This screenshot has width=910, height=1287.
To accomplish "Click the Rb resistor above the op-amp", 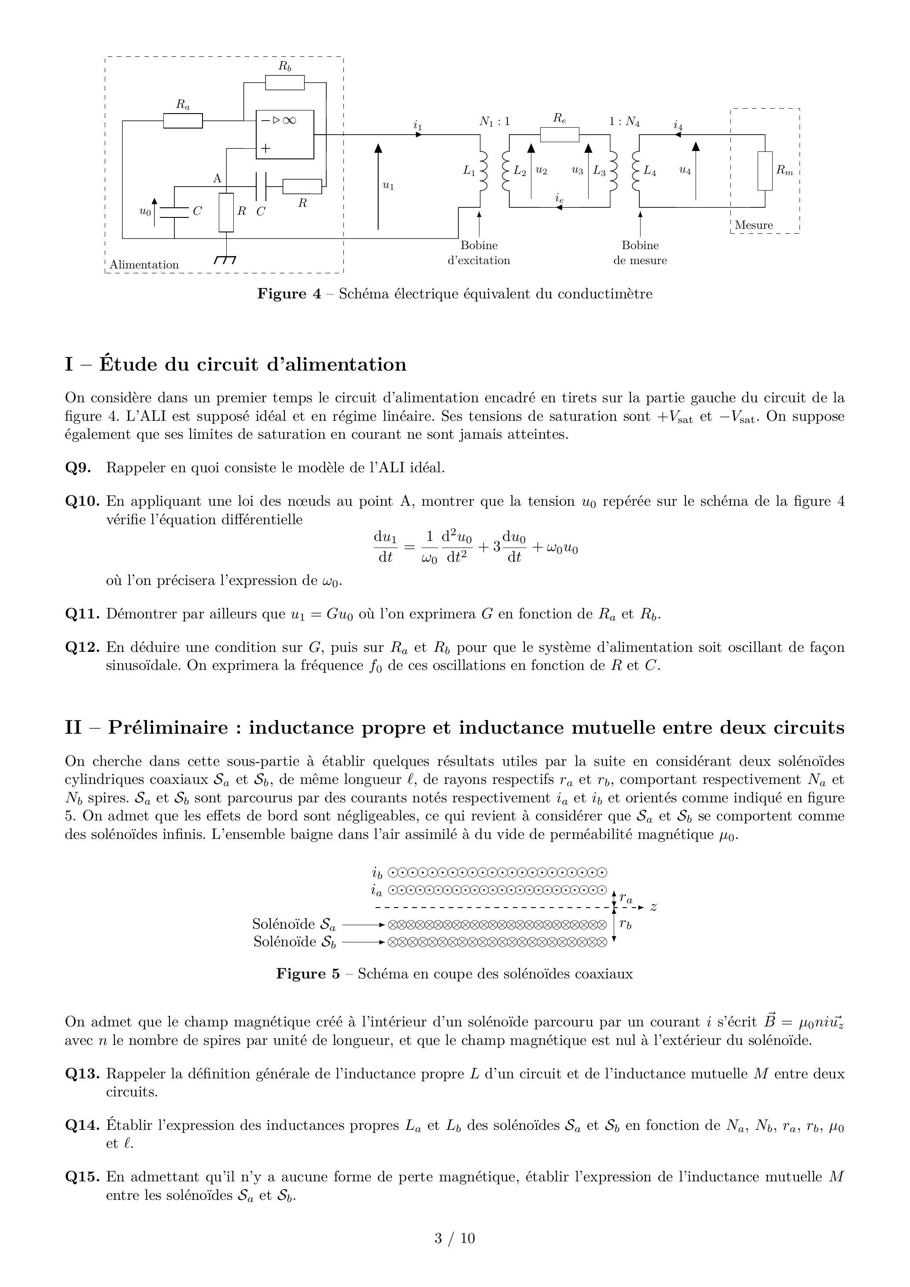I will coord(285,83).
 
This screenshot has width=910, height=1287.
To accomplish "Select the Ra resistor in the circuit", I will coord(183,121).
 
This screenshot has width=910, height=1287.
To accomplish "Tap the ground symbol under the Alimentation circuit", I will coord(225,260).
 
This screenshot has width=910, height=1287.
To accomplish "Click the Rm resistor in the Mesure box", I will coord(765,171).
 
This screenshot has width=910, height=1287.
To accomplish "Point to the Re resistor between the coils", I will coord(560,135).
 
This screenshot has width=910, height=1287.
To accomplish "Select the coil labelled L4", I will coord(636,171).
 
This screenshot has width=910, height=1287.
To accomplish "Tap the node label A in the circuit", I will coord(217,179).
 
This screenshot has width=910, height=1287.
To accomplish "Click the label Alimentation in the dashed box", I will coord(144,265).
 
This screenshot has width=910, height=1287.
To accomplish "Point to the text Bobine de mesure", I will coord(640,253).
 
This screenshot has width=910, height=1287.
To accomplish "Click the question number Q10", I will coord(82,501).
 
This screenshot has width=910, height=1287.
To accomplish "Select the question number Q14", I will coord(82,1125).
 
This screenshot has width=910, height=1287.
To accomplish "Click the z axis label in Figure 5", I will coord(653,906).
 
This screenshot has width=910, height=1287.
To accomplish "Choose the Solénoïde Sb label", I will coord(295,942).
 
